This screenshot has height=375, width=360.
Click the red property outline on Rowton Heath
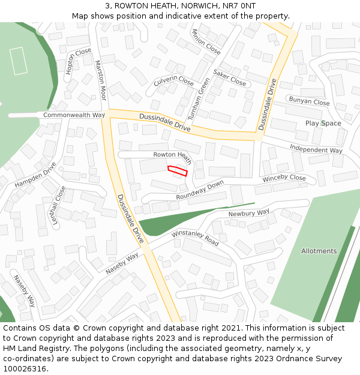pos(177,170)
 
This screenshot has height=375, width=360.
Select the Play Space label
pos(323,124)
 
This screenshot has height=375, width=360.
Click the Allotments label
pos(319,251)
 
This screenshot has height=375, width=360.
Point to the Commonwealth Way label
pos(74,115)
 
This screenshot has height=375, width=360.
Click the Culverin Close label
pos(173,80)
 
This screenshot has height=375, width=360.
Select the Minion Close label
pos(206,41)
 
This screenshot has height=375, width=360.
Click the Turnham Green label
pos(204,98)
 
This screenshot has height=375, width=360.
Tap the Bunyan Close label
pos(309,101)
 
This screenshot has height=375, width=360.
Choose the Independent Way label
pos(316,148)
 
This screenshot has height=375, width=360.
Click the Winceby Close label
pos(284,178)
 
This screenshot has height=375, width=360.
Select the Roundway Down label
pos(200,191)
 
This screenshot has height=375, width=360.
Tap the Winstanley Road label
pos(195,238)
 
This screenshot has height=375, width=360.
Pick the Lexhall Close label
pos(58,205)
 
